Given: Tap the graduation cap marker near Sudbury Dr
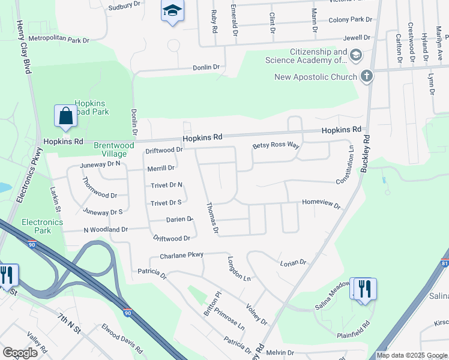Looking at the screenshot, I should click(x=172, y=11).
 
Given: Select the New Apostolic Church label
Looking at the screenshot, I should click(x=315, y=77).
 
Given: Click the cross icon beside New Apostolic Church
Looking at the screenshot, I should click(x=366, y=76).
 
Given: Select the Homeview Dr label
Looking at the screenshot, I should click(x=321, y=204).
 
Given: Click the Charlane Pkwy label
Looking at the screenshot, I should click(x=182, y=256).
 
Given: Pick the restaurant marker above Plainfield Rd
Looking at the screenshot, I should click(x=364, y=289).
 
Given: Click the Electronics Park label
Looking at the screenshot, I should click(x=42, y=226).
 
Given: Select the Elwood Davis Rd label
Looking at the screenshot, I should click(x=122, y=339).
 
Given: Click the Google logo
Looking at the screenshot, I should click(x=20, y=353).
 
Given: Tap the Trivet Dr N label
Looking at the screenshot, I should click(x=166, y=185).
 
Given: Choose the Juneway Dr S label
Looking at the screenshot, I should click(x=103, y=212).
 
